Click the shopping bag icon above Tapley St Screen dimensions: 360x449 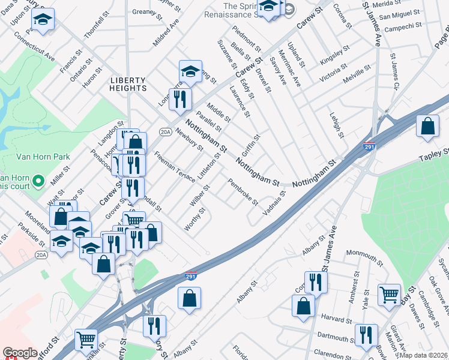(x=427, y=127)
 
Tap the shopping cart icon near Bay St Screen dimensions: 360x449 (x=389, y=295)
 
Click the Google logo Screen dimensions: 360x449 (x=20, y=353)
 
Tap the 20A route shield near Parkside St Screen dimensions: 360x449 (x=41, y=255)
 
